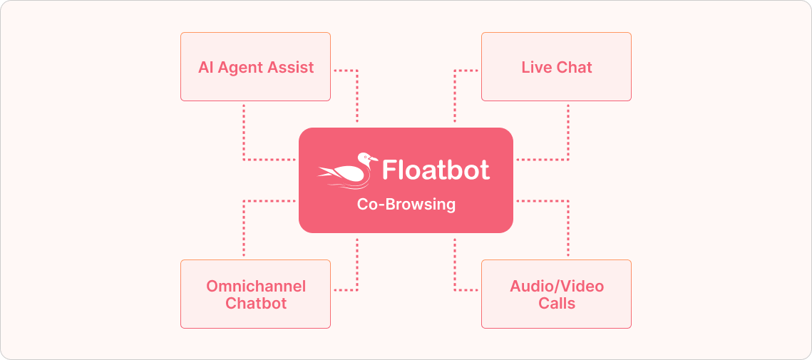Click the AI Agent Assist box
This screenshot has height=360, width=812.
255,66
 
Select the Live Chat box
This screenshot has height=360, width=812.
556,66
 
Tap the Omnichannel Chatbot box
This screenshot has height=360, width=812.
255,294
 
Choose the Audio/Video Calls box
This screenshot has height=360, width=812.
556,294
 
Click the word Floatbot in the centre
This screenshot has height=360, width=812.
436,170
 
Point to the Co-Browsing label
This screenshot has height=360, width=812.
406,205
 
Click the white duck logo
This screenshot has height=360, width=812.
347,171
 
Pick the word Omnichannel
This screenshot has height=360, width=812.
256,286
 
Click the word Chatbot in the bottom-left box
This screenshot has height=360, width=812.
256,303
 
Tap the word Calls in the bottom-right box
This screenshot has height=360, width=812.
557,303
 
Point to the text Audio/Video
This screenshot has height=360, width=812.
557,286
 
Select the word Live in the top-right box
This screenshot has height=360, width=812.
535,68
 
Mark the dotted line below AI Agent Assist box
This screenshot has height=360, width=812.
245,132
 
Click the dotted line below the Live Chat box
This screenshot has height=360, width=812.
568,132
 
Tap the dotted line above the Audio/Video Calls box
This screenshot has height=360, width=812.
568,228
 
